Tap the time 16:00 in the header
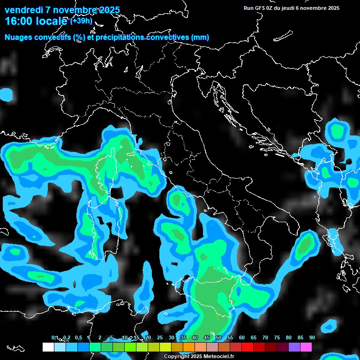coord(19,21)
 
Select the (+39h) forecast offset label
coord(82,21)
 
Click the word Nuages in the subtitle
coord(18,37)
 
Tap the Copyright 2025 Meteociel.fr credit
coord(199,357)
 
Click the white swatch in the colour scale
coord(48,347)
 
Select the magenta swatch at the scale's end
coord(306,347)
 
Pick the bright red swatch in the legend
coord(247,347)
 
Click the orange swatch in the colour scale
coord(189,347)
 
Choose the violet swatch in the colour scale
coord(294,347)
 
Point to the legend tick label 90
coord(312,338)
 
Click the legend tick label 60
coord(241,338)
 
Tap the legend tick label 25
coord(159,338)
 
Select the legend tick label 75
coord(277,338)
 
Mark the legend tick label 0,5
coord(78,338)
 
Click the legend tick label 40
coord(195,338)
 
